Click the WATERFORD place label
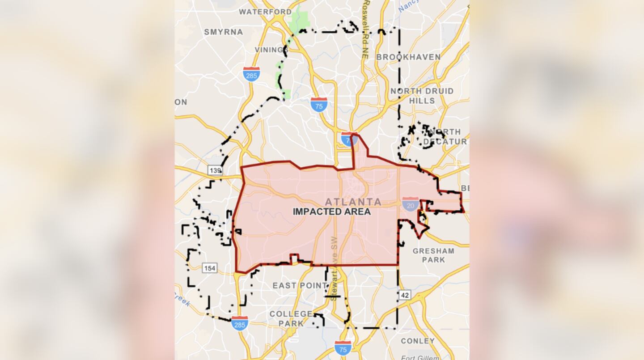coord(265,12)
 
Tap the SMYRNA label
coord(224,32)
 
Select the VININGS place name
coord(269,50)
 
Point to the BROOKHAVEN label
coord(408,57)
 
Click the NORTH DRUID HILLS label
coord(422,96)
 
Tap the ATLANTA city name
coord(353,202)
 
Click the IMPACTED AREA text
coord(332,212)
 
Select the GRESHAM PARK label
coord(433,255)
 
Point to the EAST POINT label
coord(300,285)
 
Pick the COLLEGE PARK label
coord(291,318)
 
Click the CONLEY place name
coord(418,341)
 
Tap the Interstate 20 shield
coord(411,204)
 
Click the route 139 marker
coord(215,170)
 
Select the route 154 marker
coord(209,268)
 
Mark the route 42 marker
coord(405,295)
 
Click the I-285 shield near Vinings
coord(252,74)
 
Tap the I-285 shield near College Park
coord(240,323)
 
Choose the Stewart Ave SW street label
coord(334,268)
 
